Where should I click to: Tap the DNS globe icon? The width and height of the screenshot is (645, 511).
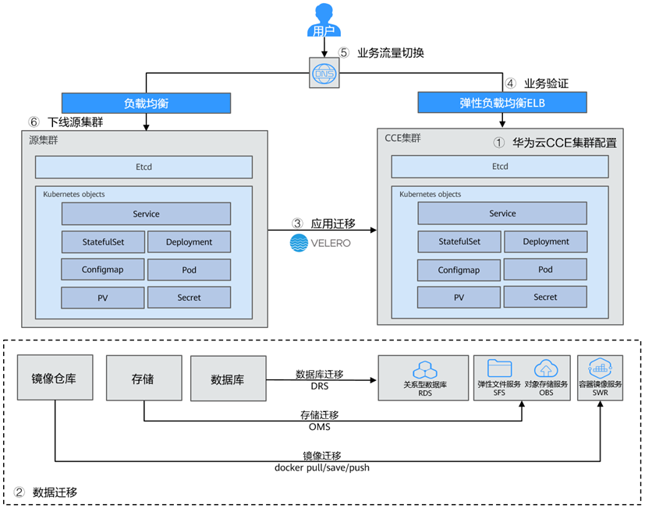[x=322, y=72]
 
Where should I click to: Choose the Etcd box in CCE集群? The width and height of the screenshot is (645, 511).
[x=500, y=167]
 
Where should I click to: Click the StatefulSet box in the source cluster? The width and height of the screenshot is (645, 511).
[x=103, y=241]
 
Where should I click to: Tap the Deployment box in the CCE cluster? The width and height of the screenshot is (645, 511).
[x=545, y=241]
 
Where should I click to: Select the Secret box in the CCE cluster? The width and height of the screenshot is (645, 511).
[x=545, y=297]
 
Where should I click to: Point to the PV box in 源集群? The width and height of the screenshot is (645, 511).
[x=103, y=298]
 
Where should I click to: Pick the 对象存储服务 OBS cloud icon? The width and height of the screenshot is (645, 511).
[x=544, y=368]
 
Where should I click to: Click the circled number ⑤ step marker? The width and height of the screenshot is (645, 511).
[x=344, y=54]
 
